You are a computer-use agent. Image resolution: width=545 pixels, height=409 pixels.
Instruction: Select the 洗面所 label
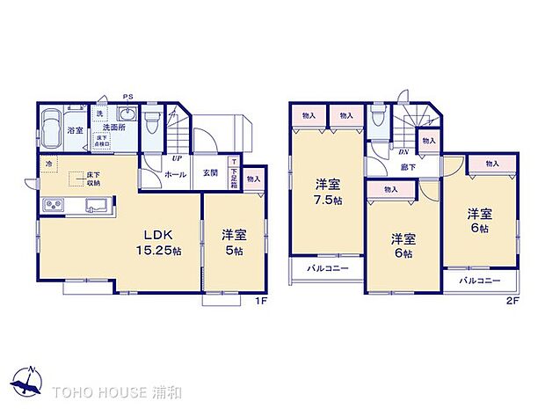pyautogui.click(x=113, y=127)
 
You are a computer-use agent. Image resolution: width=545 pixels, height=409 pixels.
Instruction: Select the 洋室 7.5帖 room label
pyautogui.click(x=328, y=193)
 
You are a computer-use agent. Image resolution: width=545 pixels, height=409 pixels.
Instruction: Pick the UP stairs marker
pyautogui.click(x=178, y=159)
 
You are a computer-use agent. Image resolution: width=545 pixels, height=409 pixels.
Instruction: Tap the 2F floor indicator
pyautogui.click(x=513, y=302)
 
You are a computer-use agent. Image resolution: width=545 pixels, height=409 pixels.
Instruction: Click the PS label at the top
pyautogui.click(x=128, y=97)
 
